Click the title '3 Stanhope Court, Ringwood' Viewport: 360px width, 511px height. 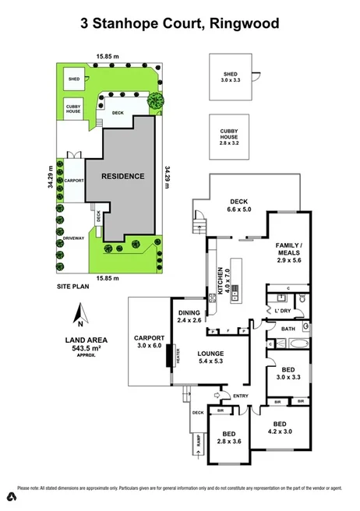(179, 24)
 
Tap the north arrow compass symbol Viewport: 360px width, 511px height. (79, 315)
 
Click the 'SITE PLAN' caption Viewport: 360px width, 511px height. (73, 287)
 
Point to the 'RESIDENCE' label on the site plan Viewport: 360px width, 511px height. (122, 176)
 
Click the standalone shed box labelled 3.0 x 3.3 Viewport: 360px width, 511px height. (231, 76)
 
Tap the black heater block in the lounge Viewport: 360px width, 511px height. (176, 355)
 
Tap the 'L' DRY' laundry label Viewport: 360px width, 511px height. (283, 311)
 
